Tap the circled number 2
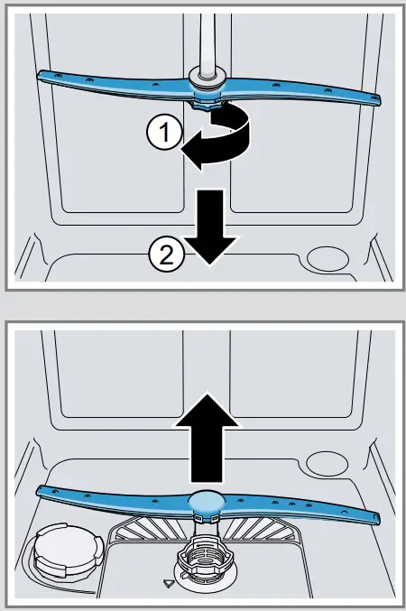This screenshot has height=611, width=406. (165, 256)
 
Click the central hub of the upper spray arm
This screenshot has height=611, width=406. (208, 88)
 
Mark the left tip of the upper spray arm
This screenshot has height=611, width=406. (41, 77)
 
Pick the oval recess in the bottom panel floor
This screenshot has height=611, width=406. (325, 463)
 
